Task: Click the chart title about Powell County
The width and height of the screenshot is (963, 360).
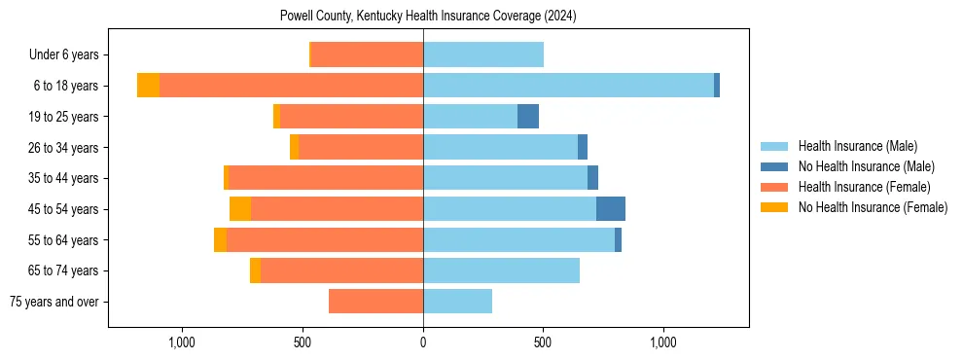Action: coord(428,16)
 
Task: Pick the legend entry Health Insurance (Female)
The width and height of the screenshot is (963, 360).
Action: coord(857,187)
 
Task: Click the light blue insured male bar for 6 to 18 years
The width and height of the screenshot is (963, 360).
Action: coord(568,86)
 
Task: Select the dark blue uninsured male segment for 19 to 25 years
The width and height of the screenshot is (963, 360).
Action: coord(528,117)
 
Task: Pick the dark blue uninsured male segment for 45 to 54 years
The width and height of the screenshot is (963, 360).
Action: coord(611,209)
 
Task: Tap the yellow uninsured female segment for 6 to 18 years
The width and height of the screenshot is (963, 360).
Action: coord(148,86)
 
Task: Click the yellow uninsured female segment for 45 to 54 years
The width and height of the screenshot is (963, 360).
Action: coord(240,209)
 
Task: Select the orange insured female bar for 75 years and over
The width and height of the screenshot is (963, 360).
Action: coord(375,302)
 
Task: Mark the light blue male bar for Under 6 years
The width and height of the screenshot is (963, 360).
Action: coord(483,55)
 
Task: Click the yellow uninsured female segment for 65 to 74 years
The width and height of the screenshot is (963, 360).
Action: coord(255,270)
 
